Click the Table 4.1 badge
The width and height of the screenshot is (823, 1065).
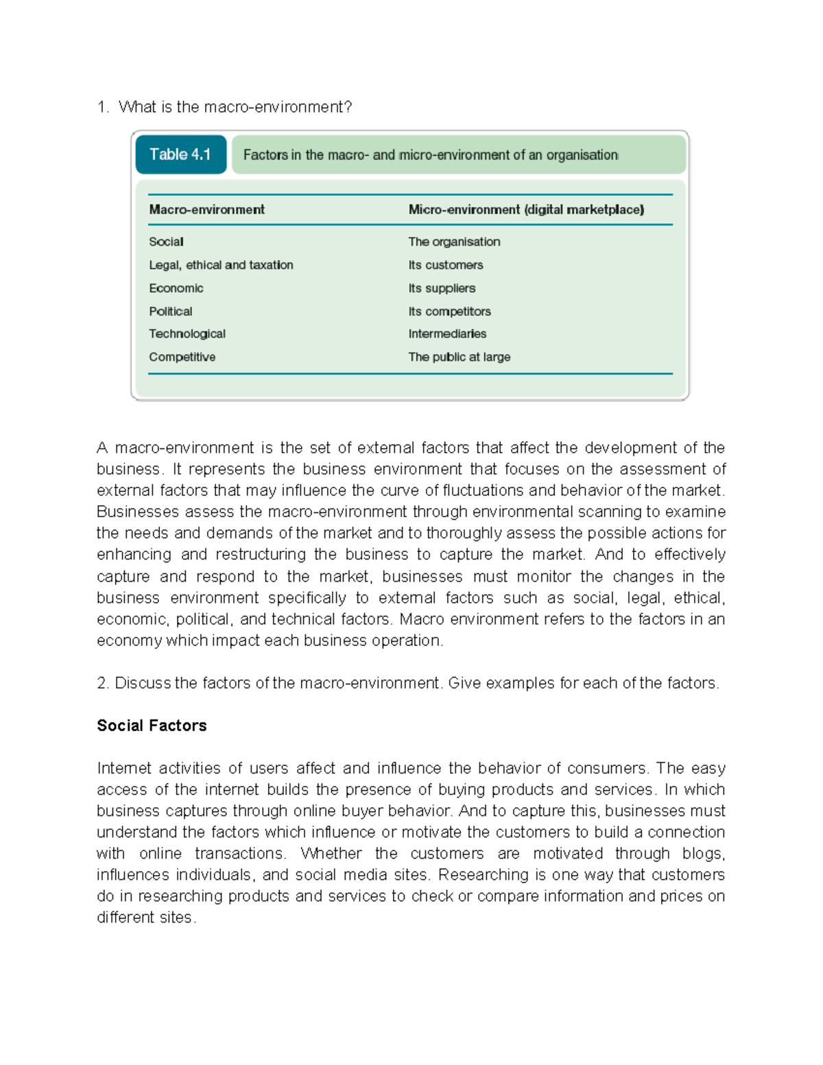coord(180,154)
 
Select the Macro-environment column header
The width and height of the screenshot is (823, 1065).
coord(206,210)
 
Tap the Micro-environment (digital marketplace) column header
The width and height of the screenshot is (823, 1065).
coord(526,210)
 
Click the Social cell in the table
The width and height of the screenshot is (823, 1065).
coord(166,242)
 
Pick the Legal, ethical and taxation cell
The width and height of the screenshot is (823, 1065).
coord(221,265)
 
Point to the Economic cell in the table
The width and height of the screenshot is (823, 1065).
coord(176,289)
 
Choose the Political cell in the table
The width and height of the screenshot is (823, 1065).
coord(171,311)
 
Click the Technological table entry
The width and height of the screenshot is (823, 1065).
coord(187,334)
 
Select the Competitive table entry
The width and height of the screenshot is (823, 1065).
coord(182,357)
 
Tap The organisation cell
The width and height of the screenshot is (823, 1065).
coord(454,242)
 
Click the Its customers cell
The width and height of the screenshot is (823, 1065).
coord(446,265)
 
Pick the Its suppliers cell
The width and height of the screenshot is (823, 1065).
coord(442,289)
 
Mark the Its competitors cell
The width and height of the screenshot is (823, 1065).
coord(449,311)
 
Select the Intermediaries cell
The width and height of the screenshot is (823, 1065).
coord(447,334)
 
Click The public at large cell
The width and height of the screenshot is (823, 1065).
coord(459,357)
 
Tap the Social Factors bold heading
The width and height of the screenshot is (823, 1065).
coord(152,726)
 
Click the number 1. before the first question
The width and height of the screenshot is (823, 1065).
coord(103,107)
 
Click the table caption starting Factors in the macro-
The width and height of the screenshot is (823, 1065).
coord(431,155)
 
